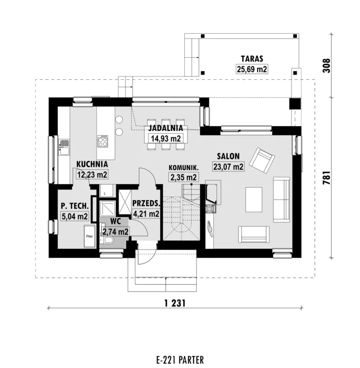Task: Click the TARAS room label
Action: tap(252, 59)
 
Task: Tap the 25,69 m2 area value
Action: tap(252, 69)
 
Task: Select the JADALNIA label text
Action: tap(165, 128)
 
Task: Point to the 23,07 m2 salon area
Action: tap(228, 166)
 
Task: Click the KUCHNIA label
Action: tap(92, 164)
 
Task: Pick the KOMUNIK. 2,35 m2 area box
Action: tap(184, 177)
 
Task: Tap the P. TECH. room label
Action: tap(75, 206)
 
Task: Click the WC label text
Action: tap(115, 221)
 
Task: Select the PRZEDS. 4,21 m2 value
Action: tap(146, 214)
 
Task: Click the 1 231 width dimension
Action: tap(175, 303)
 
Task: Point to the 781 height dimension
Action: tap(327, 177)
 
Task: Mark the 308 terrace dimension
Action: tap(326, 66)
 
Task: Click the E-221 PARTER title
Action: tap(180, 360)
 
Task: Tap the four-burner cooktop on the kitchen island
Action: tap(103, 141)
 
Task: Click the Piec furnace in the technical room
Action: tap(90, 236)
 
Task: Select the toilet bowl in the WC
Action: tap(108, 240)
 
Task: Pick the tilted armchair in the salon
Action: tap(262, 160)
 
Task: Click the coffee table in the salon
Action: tap(254, 200)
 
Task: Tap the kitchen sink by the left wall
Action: tap(64, 147)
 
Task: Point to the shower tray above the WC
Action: tap(107, 209)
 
